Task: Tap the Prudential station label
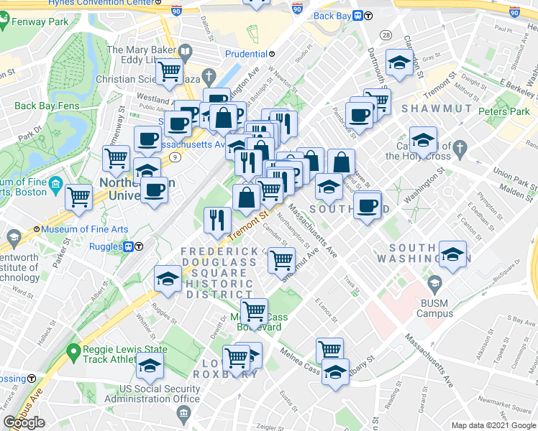[246, 54]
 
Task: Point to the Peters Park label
[504, 112]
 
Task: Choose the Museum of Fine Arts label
[84, 229]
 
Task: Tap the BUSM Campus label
[434, 308]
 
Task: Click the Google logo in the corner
[24, 422]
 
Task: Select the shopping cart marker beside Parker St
[79, 195]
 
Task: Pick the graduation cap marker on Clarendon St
[398, 62]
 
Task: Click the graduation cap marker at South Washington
[452, 255]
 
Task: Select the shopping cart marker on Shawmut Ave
[281, 259]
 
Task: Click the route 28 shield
[386, 35]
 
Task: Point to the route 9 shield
[174, 156]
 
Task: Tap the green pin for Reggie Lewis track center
[71, 352]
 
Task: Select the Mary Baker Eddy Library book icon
[186, 51]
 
